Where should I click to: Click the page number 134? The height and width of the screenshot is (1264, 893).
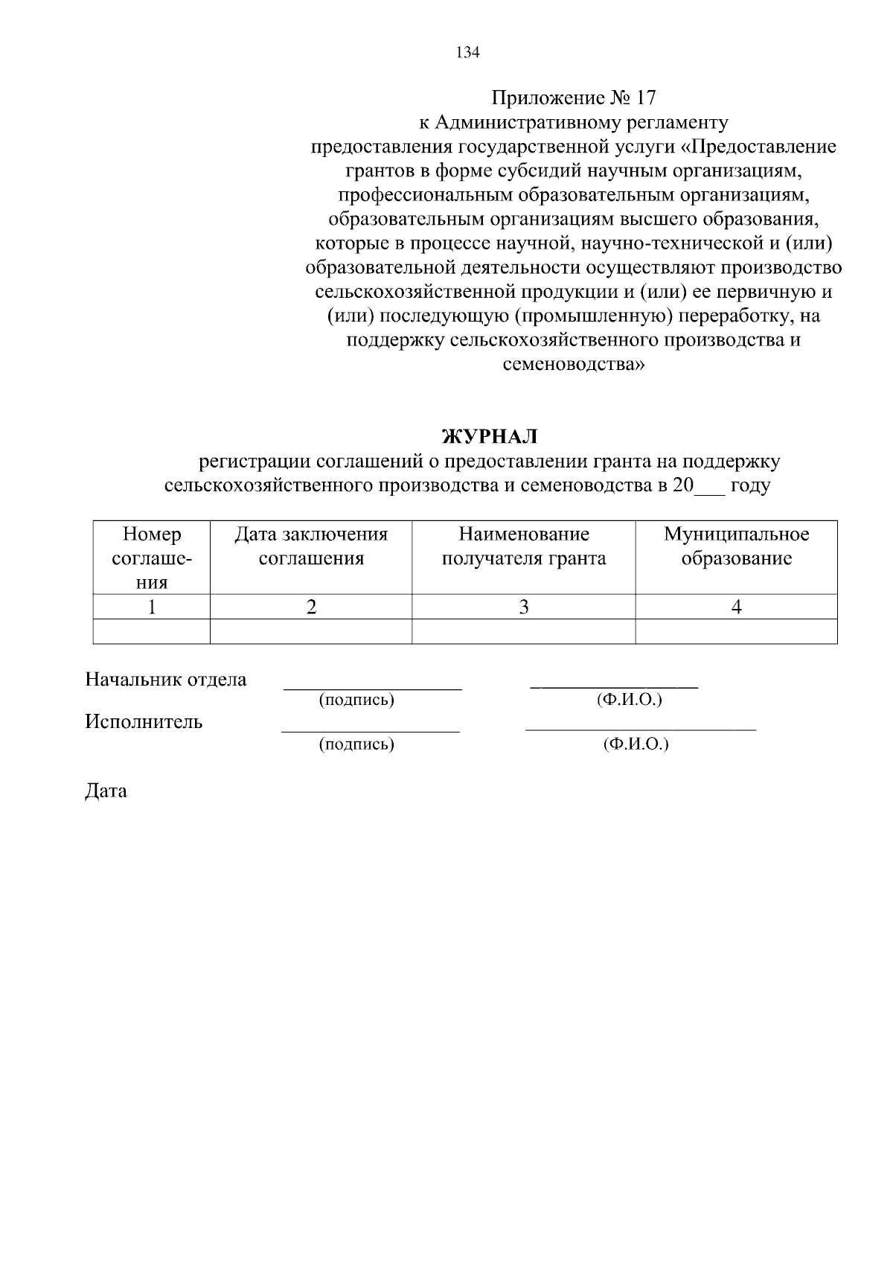click(467, 53)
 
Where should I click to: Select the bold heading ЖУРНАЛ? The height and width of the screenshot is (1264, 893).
click(489, 436)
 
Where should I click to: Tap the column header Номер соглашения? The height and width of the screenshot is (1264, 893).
click(152, 558)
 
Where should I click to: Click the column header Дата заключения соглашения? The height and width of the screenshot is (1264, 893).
click(311, 546)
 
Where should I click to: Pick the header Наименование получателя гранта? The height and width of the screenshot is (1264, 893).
click(524, 546)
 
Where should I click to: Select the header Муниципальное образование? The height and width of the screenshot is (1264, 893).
click(736, 546)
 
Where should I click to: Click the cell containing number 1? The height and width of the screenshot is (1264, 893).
click(152, 607)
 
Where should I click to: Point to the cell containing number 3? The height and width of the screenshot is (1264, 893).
click(524, 607)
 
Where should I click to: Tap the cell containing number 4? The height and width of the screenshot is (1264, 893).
click(736, 607)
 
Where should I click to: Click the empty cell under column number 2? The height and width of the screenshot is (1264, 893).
click(311, 632)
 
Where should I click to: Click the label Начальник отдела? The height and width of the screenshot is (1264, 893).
click(166, 680)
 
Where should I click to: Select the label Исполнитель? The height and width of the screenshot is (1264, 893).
click(144, 722)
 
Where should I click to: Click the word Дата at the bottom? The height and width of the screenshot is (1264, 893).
click(106, 791)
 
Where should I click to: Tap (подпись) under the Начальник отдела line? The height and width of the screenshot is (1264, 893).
click(356, 700)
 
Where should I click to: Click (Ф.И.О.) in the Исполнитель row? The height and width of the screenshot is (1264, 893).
click(636, 744)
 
